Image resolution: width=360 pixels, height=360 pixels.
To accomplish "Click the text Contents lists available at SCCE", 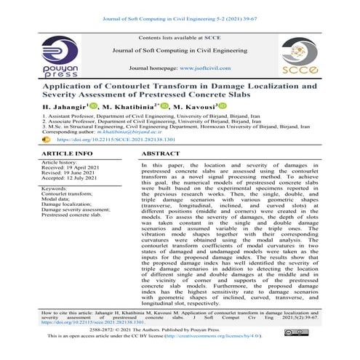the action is click(x=179, y=36).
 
